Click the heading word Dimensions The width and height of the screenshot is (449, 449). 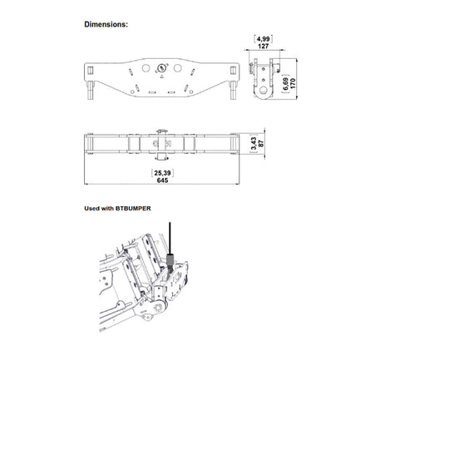tap(106, 24)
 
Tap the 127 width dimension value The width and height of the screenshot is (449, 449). tap(263, 46)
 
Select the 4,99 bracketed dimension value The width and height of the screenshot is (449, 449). tap(263, 38)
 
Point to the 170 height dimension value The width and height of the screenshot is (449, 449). tap(293, 83)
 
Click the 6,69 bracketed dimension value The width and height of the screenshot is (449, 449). tap(285, 84)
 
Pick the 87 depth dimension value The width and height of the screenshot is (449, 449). tap(261, 144)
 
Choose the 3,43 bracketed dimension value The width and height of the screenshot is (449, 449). tap(254, 144)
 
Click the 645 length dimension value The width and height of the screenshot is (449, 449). tap(162, 180)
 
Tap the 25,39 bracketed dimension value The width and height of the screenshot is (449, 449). tap(162, 173)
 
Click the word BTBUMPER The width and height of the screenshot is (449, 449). tap(133, 209)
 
